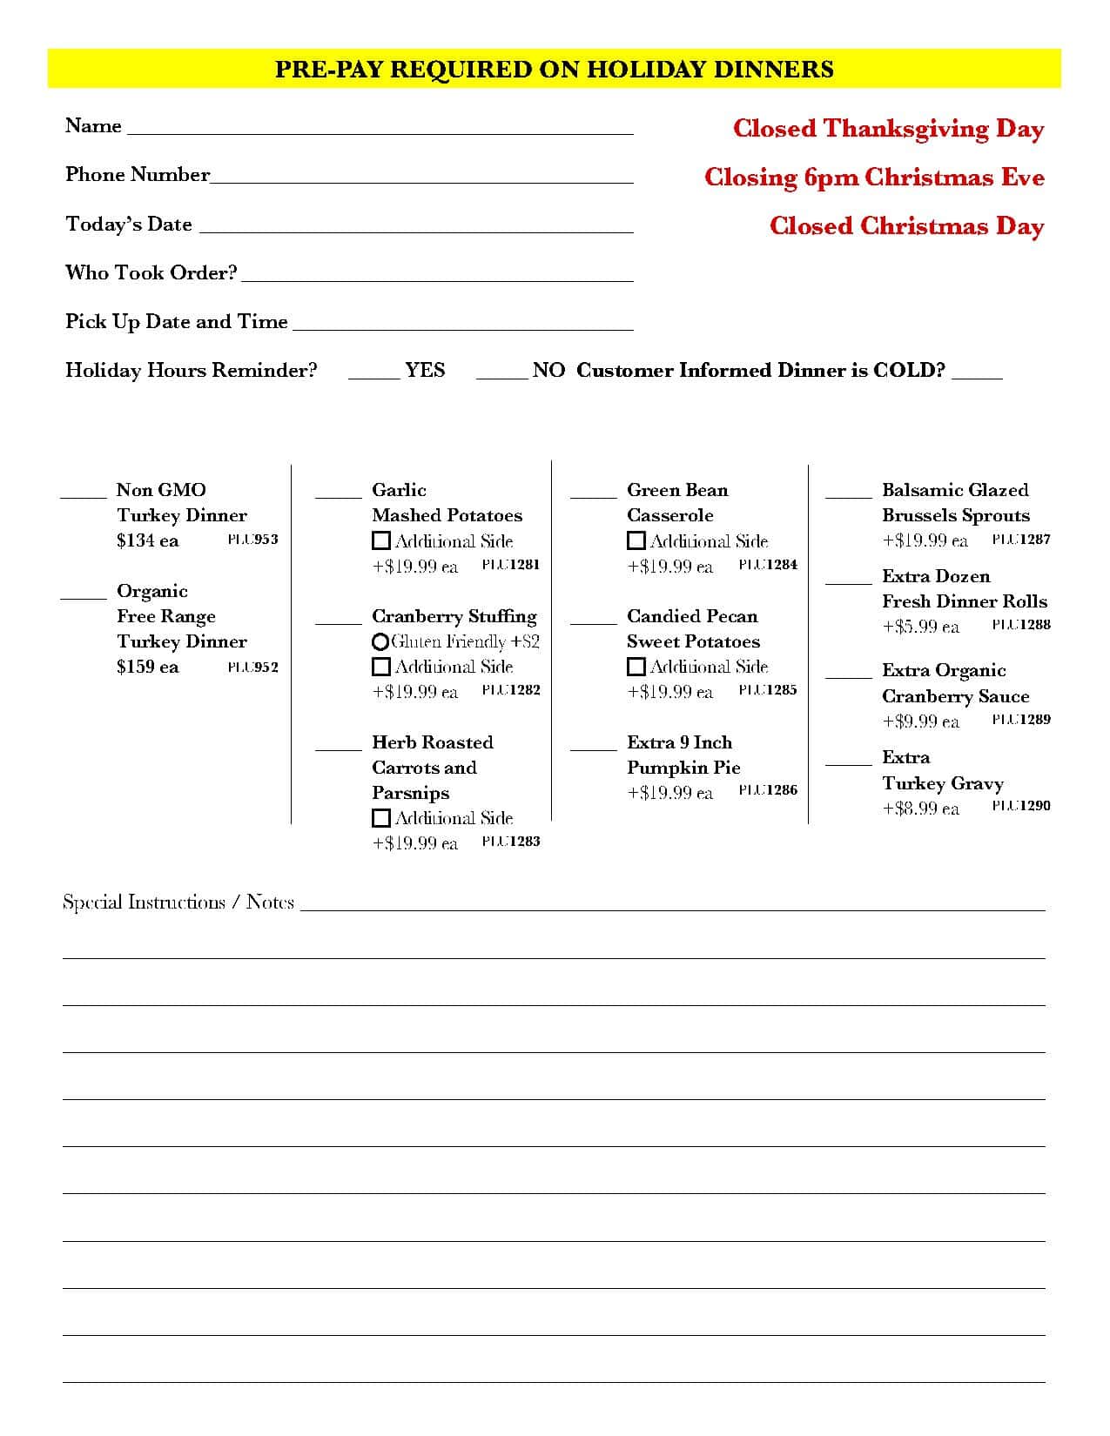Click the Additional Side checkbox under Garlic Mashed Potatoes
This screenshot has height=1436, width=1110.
(x=380, y=540)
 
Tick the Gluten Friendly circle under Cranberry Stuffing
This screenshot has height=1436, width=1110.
(x=380, y=642)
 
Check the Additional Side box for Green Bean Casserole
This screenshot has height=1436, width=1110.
(x=636, y=540)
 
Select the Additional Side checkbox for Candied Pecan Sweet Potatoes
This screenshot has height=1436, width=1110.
(x=636, y=667)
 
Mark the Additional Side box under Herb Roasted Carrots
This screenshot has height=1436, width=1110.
(x=380, y=818)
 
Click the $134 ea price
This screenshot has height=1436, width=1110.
(x=147, y=540)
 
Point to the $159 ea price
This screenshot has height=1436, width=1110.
(x=147, y=667)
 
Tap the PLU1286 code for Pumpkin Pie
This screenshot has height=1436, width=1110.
(x=768, y=790)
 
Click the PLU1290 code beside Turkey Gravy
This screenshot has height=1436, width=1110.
(x=1021, y=806)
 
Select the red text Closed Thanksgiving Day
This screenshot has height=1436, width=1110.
(x=888, y=129)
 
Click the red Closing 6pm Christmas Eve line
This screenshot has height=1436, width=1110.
(x=874, y=178)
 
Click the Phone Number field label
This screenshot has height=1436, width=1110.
(x=138, y=175)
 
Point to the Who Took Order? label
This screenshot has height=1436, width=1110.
(x=151, y=273)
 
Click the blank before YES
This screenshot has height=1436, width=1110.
(x=373, y=375)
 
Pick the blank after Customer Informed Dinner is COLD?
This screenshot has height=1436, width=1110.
(x=977, y=375)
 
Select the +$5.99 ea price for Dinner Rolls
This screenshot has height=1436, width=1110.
(x=920, y=627)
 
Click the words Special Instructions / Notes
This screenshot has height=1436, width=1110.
(x=178, y=902)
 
